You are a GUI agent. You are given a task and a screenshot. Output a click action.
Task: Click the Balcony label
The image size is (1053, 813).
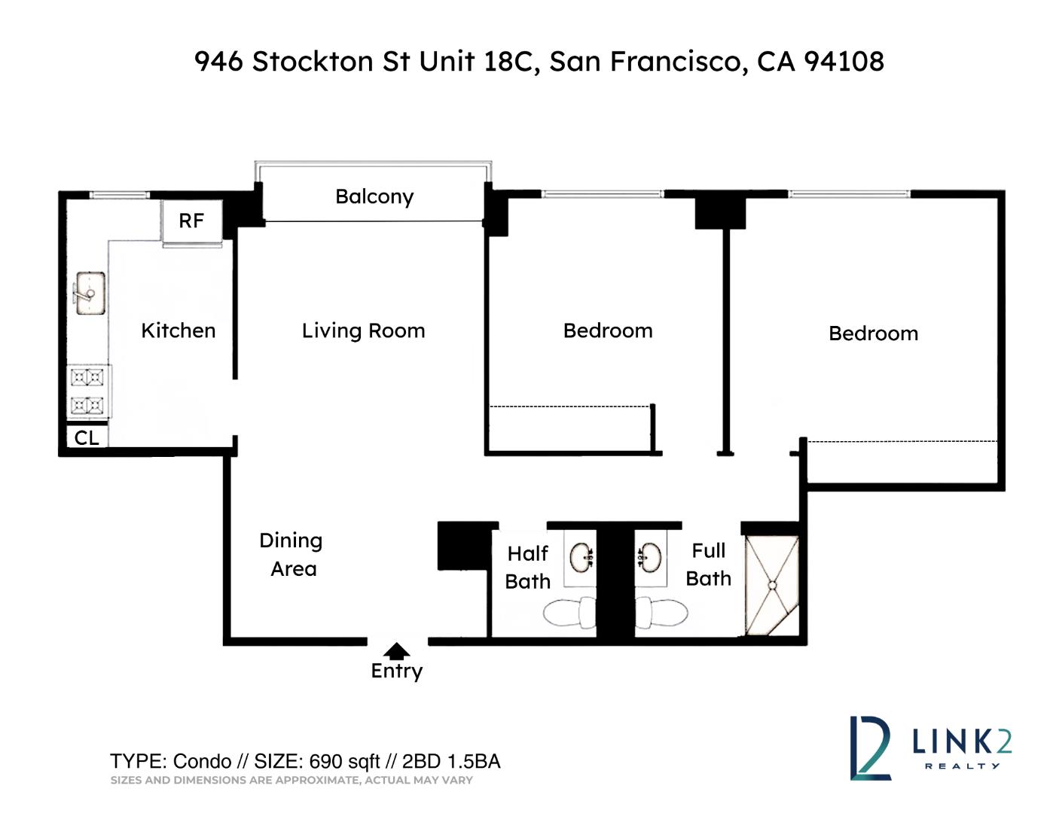[x=374, y=196]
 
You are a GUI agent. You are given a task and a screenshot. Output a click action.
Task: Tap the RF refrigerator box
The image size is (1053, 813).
[x=191, y=221]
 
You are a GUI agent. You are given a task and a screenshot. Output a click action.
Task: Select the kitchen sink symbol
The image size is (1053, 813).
[x=89, y=293]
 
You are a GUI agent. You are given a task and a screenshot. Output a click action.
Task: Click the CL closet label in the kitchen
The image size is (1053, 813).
[x=87, y=437]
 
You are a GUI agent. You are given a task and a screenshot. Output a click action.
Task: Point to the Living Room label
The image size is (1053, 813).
[x=363, y=330]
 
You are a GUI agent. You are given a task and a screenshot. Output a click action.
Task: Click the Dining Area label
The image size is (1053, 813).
[x=291, y=554]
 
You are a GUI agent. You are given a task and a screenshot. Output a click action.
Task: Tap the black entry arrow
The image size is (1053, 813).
[x=396, y=652]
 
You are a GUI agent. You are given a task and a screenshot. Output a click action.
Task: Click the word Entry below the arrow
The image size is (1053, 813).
[x=397, y=671]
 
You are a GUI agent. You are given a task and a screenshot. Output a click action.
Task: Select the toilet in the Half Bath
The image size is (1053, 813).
[x=570, y=614]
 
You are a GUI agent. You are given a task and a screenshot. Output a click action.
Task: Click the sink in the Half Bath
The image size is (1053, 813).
[x=581, y=559]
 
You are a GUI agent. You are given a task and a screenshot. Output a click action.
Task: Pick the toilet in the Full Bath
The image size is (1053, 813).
[x=662, y=613]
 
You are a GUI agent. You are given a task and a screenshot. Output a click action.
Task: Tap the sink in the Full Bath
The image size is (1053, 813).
[x=651, y=559]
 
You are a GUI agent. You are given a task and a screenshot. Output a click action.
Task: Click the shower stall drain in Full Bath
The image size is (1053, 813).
[x=772, y=585]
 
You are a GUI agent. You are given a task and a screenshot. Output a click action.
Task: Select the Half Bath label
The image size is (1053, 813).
[x=527, y=567]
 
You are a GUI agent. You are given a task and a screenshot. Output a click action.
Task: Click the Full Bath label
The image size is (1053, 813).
[x=708, y=565]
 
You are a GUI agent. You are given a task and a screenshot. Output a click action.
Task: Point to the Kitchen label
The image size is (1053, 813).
[x=179, y=330]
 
